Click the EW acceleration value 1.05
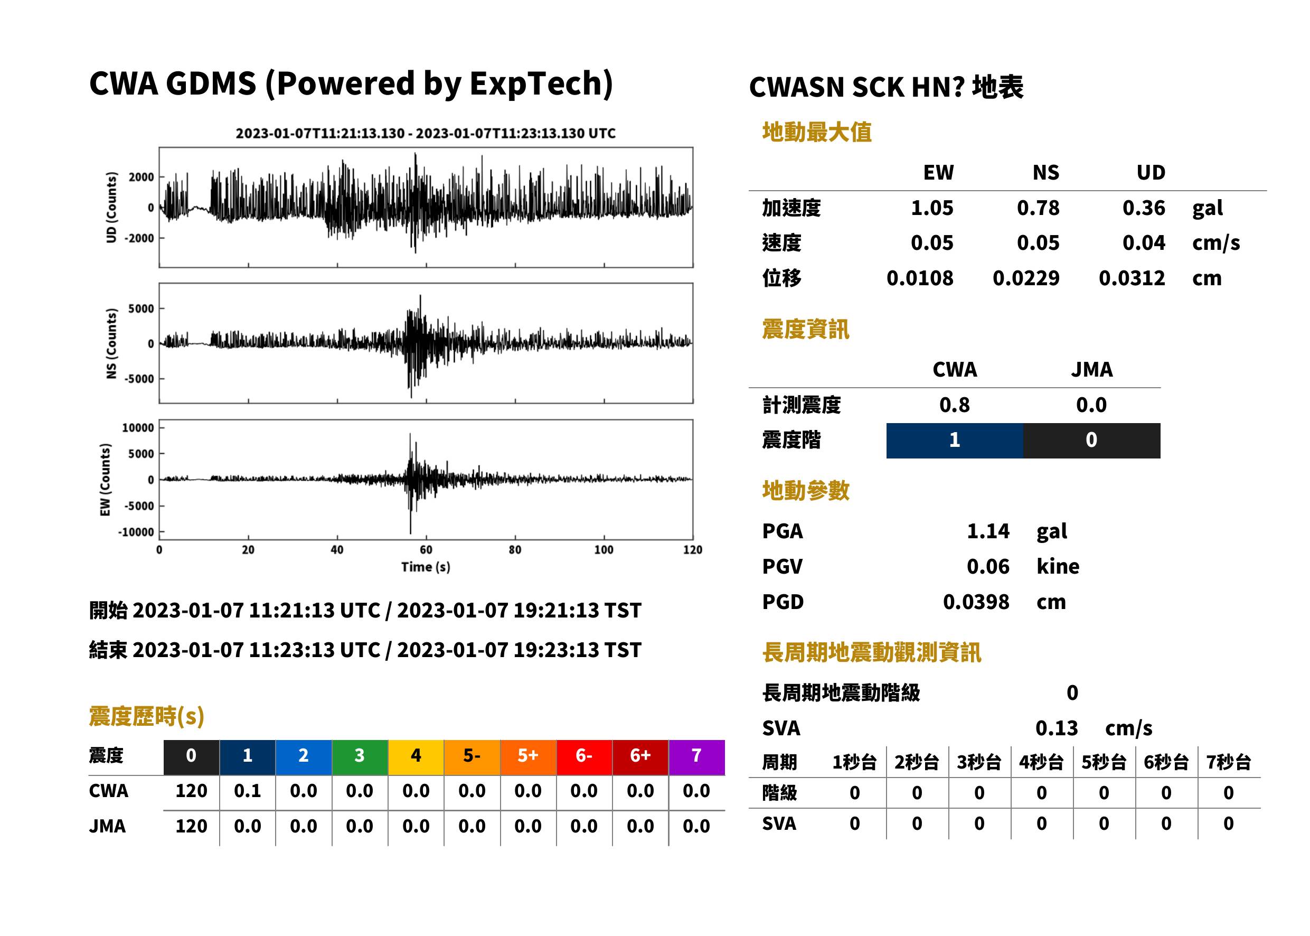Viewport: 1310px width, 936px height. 931,208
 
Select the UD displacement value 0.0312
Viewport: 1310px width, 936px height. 1132,278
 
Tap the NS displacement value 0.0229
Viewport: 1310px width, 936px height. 1025,278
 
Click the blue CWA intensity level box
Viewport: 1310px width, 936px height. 955,441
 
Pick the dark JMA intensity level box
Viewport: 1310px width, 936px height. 1092,441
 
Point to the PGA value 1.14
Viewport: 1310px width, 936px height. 988,531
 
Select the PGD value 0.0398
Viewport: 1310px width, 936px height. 976,602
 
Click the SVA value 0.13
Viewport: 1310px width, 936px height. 1057,728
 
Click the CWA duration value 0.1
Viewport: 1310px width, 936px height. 248,791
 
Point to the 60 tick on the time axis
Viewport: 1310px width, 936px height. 426,550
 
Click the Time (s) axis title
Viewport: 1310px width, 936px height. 426,567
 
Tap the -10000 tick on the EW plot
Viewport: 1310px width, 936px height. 136,532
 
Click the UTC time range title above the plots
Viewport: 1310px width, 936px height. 426,133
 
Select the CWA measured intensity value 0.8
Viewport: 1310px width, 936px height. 955,405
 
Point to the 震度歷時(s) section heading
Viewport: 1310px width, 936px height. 147,716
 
